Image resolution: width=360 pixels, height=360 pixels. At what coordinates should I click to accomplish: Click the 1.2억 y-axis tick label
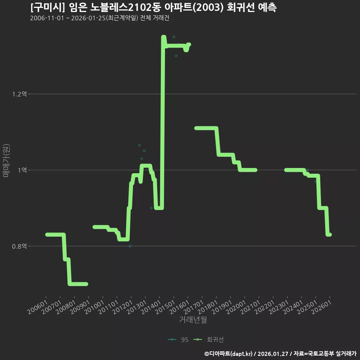[x=19, y=94]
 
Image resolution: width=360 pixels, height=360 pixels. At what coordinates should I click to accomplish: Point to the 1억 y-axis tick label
[x=22, y=170]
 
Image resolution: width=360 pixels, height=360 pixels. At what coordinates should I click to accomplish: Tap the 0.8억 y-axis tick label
[x=19, y=246]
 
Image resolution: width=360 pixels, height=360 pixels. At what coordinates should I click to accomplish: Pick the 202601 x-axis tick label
[x=321, y=307]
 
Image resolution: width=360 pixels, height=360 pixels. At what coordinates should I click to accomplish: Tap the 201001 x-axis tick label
[x=94, y=307]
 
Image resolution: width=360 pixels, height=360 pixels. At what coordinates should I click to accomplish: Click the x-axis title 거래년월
[x=193, y=319]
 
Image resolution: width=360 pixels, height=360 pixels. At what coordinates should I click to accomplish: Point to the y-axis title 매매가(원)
[x=6, y=161]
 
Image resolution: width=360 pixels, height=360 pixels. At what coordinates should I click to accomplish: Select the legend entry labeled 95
[x=178, y=340]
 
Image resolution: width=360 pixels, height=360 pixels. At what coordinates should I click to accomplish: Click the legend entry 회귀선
[x=208, y=340]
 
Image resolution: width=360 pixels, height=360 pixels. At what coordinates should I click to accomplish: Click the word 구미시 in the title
[x=48, y=7]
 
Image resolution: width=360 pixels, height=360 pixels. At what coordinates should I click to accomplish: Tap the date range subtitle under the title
[x=100, y=18]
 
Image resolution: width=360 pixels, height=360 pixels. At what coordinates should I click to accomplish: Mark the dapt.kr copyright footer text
[x=280, y=354]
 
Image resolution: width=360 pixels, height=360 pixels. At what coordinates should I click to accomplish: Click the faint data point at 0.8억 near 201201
[x=130, y=246]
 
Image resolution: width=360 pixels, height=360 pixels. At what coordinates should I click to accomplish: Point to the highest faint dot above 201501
[x=174, y=37]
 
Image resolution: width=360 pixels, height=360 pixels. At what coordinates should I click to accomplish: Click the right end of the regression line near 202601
[x=330, y=234]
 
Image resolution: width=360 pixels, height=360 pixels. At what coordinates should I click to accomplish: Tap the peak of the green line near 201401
[x=163, y=37]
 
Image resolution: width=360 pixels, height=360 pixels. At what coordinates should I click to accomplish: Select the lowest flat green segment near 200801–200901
[x=78, y=284]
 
